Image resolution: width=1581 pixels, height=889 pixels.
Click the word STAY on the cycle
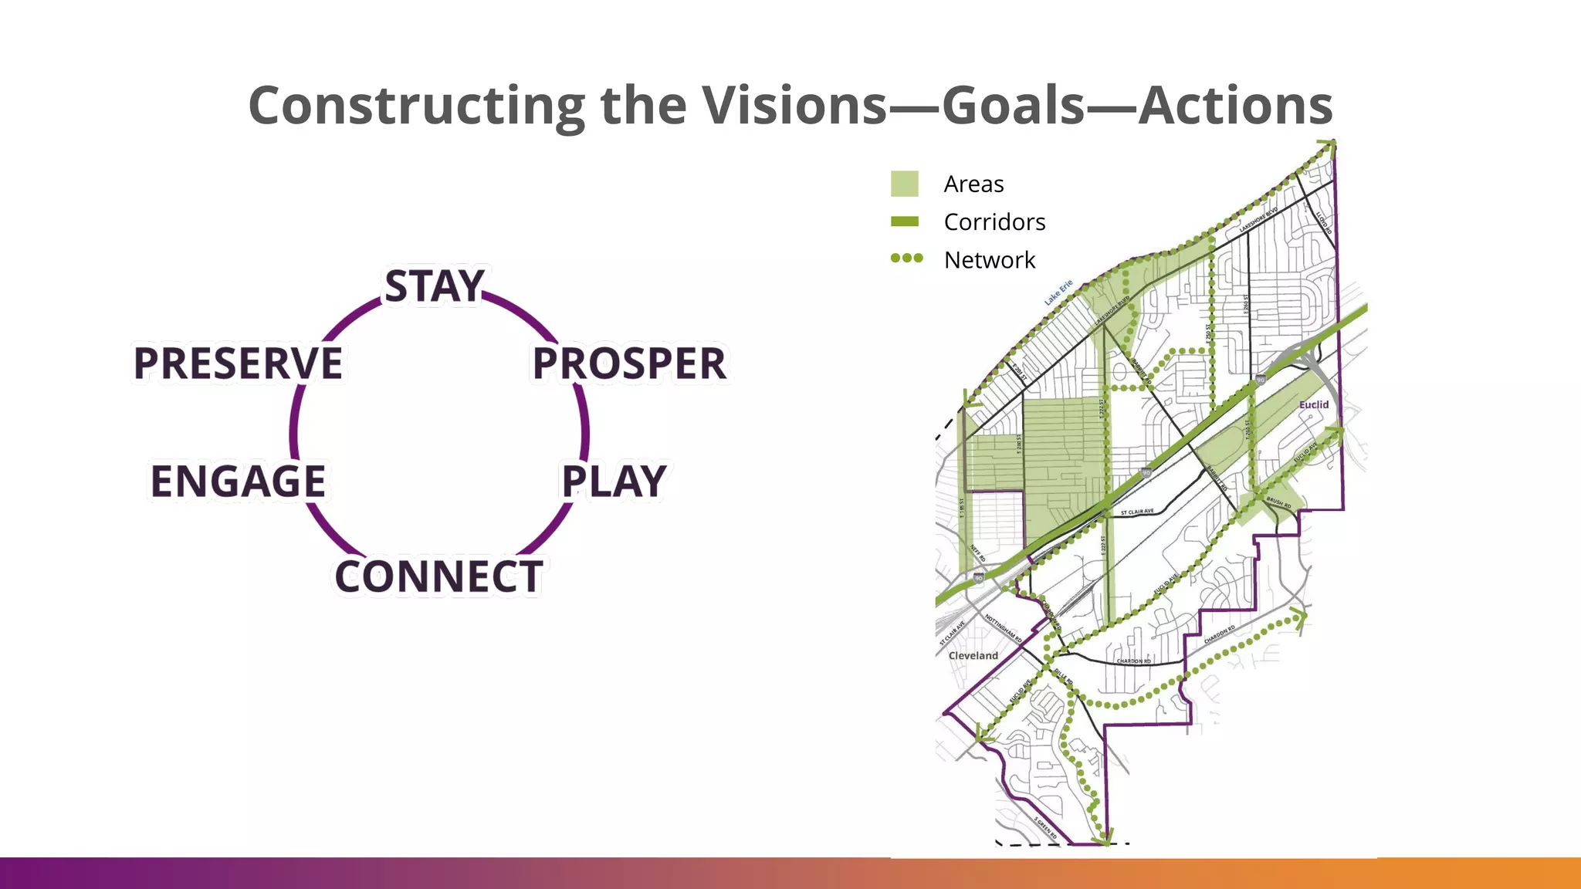(435, 286)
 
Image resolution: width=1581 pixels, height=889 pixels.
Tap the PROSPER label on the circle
(629, 363)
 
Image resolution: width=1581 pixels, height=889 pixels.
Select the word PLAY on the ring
(614, 481)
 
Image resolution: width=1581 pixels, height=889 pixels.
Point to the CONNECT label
(438, 576)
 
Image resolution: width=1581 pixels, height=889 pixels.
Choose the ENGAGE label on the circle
(238, 481)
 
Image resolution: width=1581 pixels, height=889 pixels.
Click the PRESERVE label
(238, 363)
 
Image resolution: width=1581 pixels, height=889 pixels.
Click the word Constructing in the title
(417, 106)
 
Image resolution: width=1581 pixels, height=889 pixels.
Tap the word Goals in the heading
(1014, 106)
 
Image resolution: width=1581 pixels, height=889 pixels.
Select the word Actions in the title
(1235, 106)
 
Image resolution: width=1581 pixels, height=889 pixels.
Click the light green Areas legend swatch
(904, 184)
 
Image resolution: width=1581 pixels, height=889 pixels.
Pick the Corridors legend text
(994, 222)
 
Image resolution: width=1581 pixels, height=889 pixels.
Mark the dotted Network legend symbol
(906, 259)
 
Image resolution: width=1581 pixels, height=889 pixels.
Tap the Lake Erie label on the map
(1058, 292)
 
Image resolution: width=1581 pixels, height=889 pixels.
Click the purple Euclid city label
(1314, 404)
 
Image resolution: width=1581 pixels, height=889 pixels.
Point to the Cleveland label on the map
(973, 655)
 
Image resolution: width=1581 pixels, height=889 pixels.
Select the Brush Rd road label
(1278, 502)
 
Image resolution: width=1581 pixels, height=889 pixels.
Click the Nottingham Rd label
(1004, 628)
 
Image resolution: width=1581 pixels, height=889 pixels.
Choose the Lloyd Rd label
(1324, 222)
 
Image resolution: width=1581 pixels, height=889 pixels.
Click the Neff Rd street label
(978, 553)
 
